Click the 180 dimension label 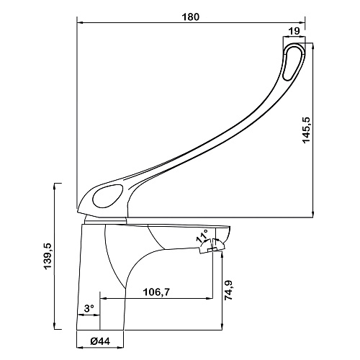190,17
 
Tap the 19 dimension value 294,31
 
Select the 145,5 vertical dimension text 307,130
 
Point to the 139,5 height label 48,256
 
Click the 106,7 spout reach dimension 156,292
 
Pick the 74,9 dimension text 228,290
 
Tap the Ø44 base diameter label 101,341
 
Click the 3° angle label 89,308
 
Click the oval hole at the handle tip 292,63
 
